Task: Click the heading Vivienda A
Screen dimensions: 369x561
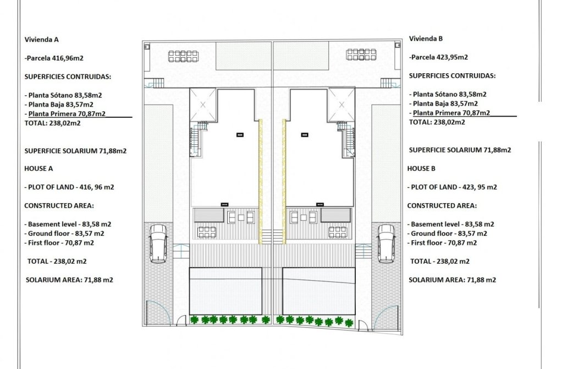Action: (x=42, y=40)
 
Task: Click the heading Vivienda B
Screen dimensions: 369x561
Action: (x=426, y=39)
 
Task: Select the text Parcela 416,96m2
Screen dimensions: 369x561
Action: (x=54, y=57)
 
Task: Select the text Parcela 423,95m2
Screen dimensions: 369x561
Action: (x=439, y=57)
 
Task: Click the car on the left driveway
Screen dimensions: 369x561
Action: (x=158, y=243)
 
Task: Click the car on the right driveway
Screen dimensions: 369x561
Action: (x=386, y=243)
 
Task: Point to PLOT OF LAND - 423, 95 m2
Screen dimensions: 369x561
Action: (x=453, y=187)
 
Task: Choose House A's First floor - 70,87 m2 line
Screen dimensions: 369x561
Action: (x=59, y=243)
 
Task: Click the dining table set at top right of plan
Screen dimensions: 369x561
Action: (x=361, y=55)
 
